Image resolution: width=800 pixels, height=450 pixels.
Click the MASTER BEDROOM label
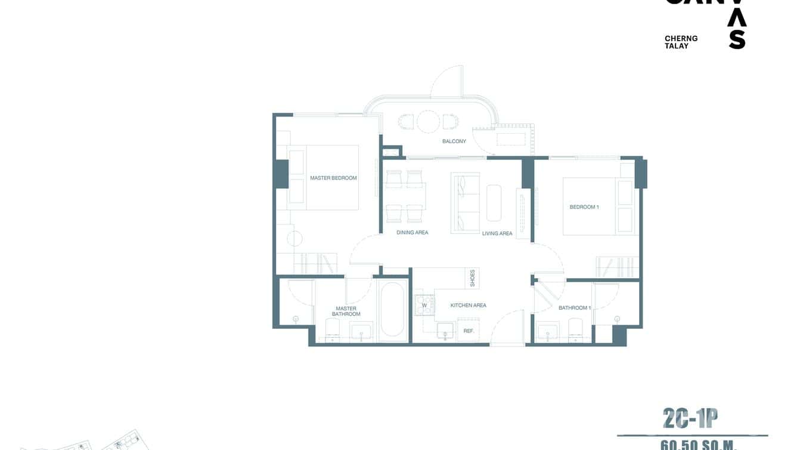333,178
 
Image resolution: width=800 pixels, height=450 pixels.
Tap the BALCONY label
454,141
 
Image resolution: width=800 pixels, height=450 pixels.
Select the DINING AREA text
413,232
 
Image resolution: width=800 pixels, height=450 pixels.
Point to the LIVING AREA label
497,233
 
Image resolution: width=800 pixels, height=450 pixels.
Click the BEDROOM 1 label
584,207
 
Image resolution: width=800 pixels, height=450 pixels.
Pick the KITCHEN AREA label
468,306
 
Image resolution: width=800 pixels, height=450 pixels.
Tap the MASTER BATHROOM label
346,312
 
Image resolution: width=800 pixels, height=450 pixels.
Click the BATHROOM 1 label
575,308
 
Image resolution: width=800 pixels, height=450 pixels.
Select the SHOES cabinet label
473,278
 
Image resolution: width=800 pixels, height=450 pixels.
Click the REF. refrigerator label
469,330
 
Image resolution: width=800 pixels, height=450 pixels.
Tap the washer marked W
424,306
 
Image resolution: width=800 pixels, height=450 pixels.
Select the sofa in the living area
466,203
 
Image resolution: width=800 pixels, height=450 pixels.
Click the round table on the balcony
428,122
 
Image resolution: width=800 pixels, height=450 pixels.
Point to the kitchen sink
445,331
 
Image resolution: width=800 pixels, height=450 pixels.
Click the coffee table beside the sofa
494,203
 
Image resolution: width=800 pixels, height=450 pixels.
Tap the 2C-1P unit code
690,418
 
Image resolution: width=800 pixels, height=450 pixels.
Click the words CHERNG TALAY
681,42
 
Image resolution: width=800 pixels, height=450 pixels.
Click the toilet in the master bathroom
332,328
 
